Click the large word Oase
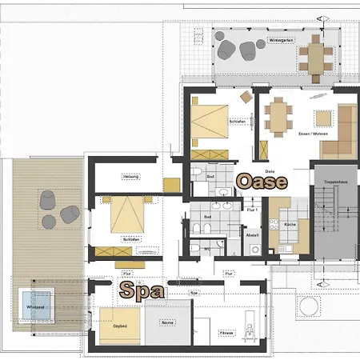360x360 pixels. (262, 182)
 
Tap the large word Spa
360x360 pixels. (142, 290)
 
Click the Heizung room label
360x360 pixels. (130, 176)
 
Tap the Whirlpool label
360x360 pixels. (35, 306)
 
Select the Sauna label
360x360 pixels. (166, 322)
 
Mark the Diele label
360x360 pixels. (270, 170)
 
